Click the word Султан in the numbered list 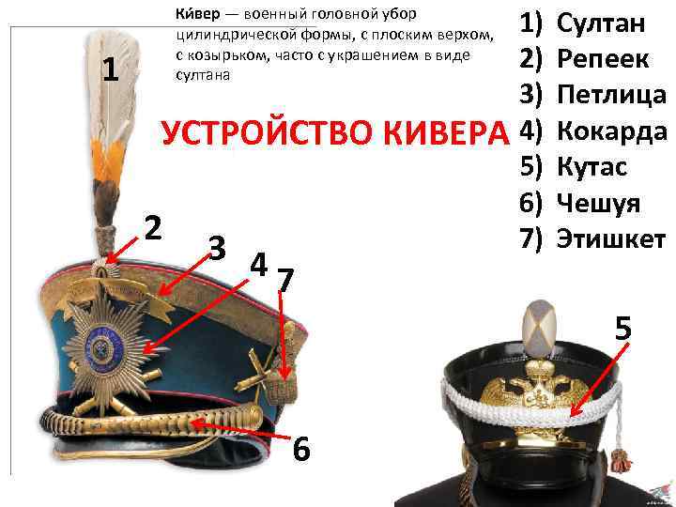[x=601, y=23]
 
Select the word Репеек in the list [x=603, y=58]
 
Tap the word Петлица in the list [x=611, y=96]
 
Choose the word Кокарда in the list [x=612, y=131]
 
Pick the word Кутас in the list [x=591, y=166]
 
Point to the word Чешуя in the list [x=598, y=204]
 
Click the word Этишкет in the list [x=611, y=238]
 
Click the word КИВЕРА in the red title [x=446, y=133]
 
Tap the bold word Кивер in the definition [x=197, y=14]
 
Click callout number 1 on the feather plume [x=111, y=69]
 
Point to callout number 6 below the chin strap [x=301, y=449]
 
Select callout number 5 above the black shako [x=623, y=328]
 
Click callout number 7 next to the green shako [x=285, y=280]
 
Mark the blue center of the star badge [x=104, y=345]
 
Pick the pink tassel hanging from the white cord [x=622, y=462]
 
